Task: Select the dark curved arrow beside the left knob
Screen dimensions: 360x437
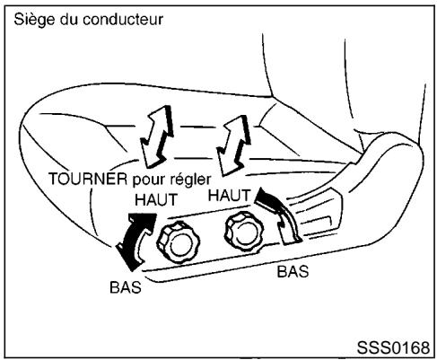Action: click(132, 239)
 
